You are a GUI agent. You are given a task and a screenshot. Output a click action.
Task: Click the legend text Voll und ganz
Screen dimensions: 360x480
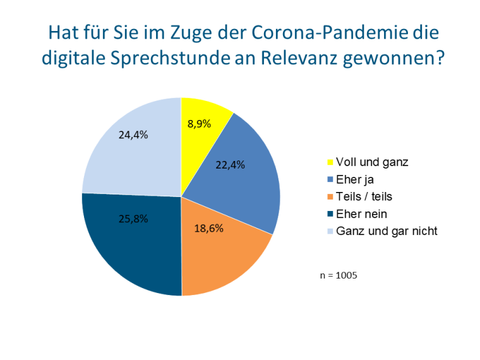(x=372, y=162)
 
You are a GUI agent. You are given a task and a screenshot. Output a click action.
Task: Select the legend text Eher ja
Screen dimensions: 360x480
(x=356, y=179)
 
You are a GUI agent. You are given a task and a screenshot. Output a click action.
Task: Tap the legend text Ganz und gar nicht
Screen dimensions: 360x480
(x=387, y=231)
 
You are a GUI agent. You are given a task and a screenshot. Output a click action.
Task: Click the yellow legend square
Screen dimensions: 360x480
(x=330, y=162)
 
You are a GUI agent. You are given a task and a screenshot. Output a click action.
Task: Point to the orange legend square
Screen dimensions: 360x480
(x=330, y=197)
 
